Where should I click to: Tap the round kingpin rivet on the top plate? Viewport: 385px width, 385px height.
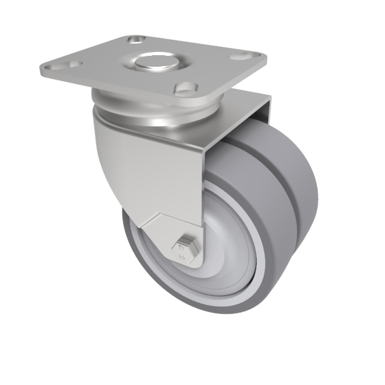(x=157, y=62)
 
